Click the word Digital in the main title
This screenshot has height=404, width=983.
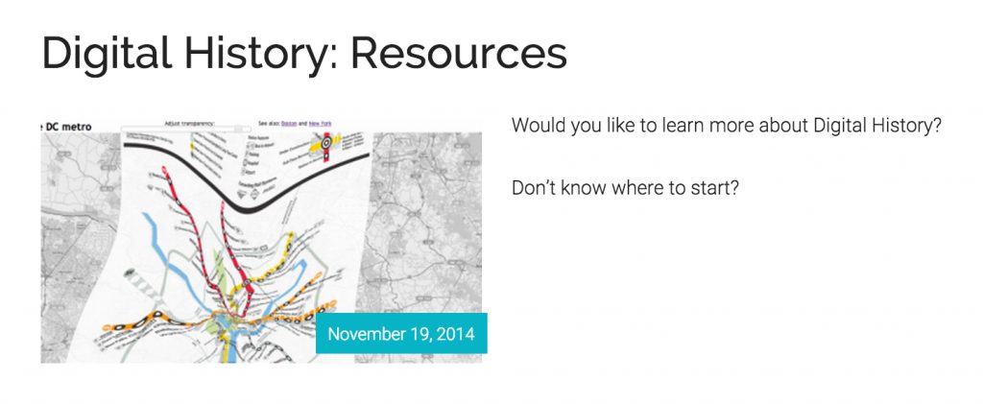coord(107,54)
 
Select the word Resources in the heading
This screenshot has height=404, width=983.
coord(459,54)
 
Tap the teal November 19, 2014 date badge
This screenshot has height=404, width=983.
coord(401,334)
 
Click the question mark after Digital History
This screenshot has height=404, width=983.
coord(937,126)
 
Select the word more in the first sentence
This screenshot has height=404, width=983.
coord(722,126)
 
